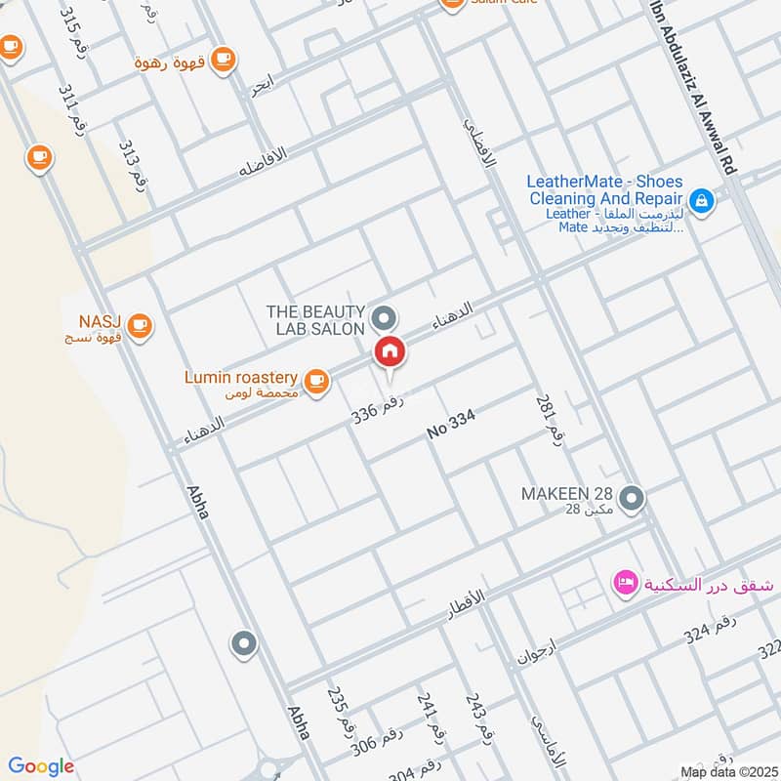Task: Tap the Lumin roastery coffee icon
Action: pyautogui.click(x=315, y=382)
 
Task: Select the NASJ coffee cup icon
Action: pyautogui.click(x=141, y=324)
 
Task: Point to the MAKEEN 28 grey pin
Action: pyautogui.click(x=632, y=499)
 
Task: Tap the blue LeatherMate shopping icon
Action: pyautogui.click(x=700, y=202)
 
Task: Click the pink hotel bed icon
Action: pyautogui.click(x=623, y=584)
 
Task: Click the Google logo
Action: pyautogui.click(x=40, y=766)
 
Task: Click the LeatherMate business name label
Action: pyautogui.click(x=604, y=189)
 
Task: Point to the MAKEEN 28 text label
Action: pyautogui.click(x=566, y=494)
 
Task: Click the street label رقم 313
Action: pyautogui.click(x=132, y=163)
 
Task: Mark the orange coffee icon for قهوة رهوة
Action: pyautogui.click(x=224, y=60)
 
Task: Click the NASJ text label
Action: pyautogui.click(x=101, y=322)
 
